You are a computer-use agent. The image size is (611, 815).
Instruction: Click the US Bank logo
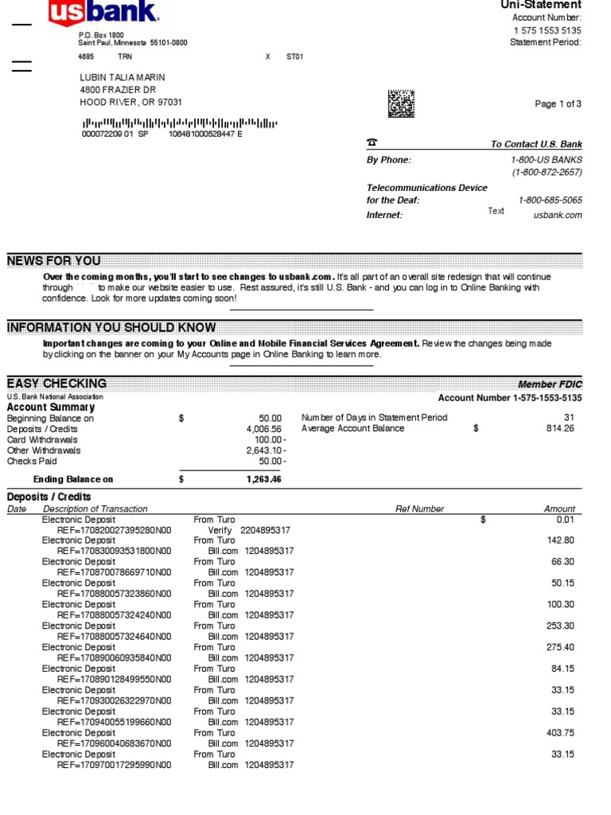104,14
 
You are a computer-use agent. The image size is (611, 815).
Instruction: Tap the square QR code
401,103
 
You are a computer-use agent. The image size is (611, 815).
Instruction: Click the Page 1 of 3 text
558,104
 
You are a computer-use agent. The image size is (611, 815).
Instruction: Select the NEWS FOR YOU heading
54,261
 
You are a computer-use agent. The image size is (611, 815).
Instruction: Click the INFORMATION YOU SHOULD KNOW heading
111,328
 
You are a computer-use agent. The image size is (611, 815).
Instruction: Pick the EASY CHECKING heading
56,384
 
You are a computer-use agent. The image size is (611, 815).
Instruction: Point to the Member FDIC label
550,384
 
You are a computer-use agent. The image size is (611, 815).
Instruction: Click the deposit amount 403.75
557,733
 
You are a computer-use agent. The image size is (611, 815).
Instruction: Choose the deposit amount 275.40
557,647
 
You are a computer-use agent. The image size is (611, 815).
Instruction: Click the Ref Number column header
419,509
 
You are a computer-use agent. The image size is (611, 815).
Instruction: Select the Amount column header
559,509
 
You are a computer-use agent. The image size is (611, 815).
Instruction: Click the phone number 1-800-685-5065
550,201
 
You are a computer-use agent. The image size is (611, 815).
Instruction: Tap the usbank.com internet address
557,215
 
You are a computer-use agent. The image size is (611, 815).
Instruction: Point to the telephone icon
372,143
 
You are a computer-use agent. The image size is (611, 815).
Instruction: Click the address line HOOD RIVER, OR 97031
130,103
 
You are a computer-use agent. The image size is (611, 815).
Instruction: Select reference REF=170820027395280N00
114,530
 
